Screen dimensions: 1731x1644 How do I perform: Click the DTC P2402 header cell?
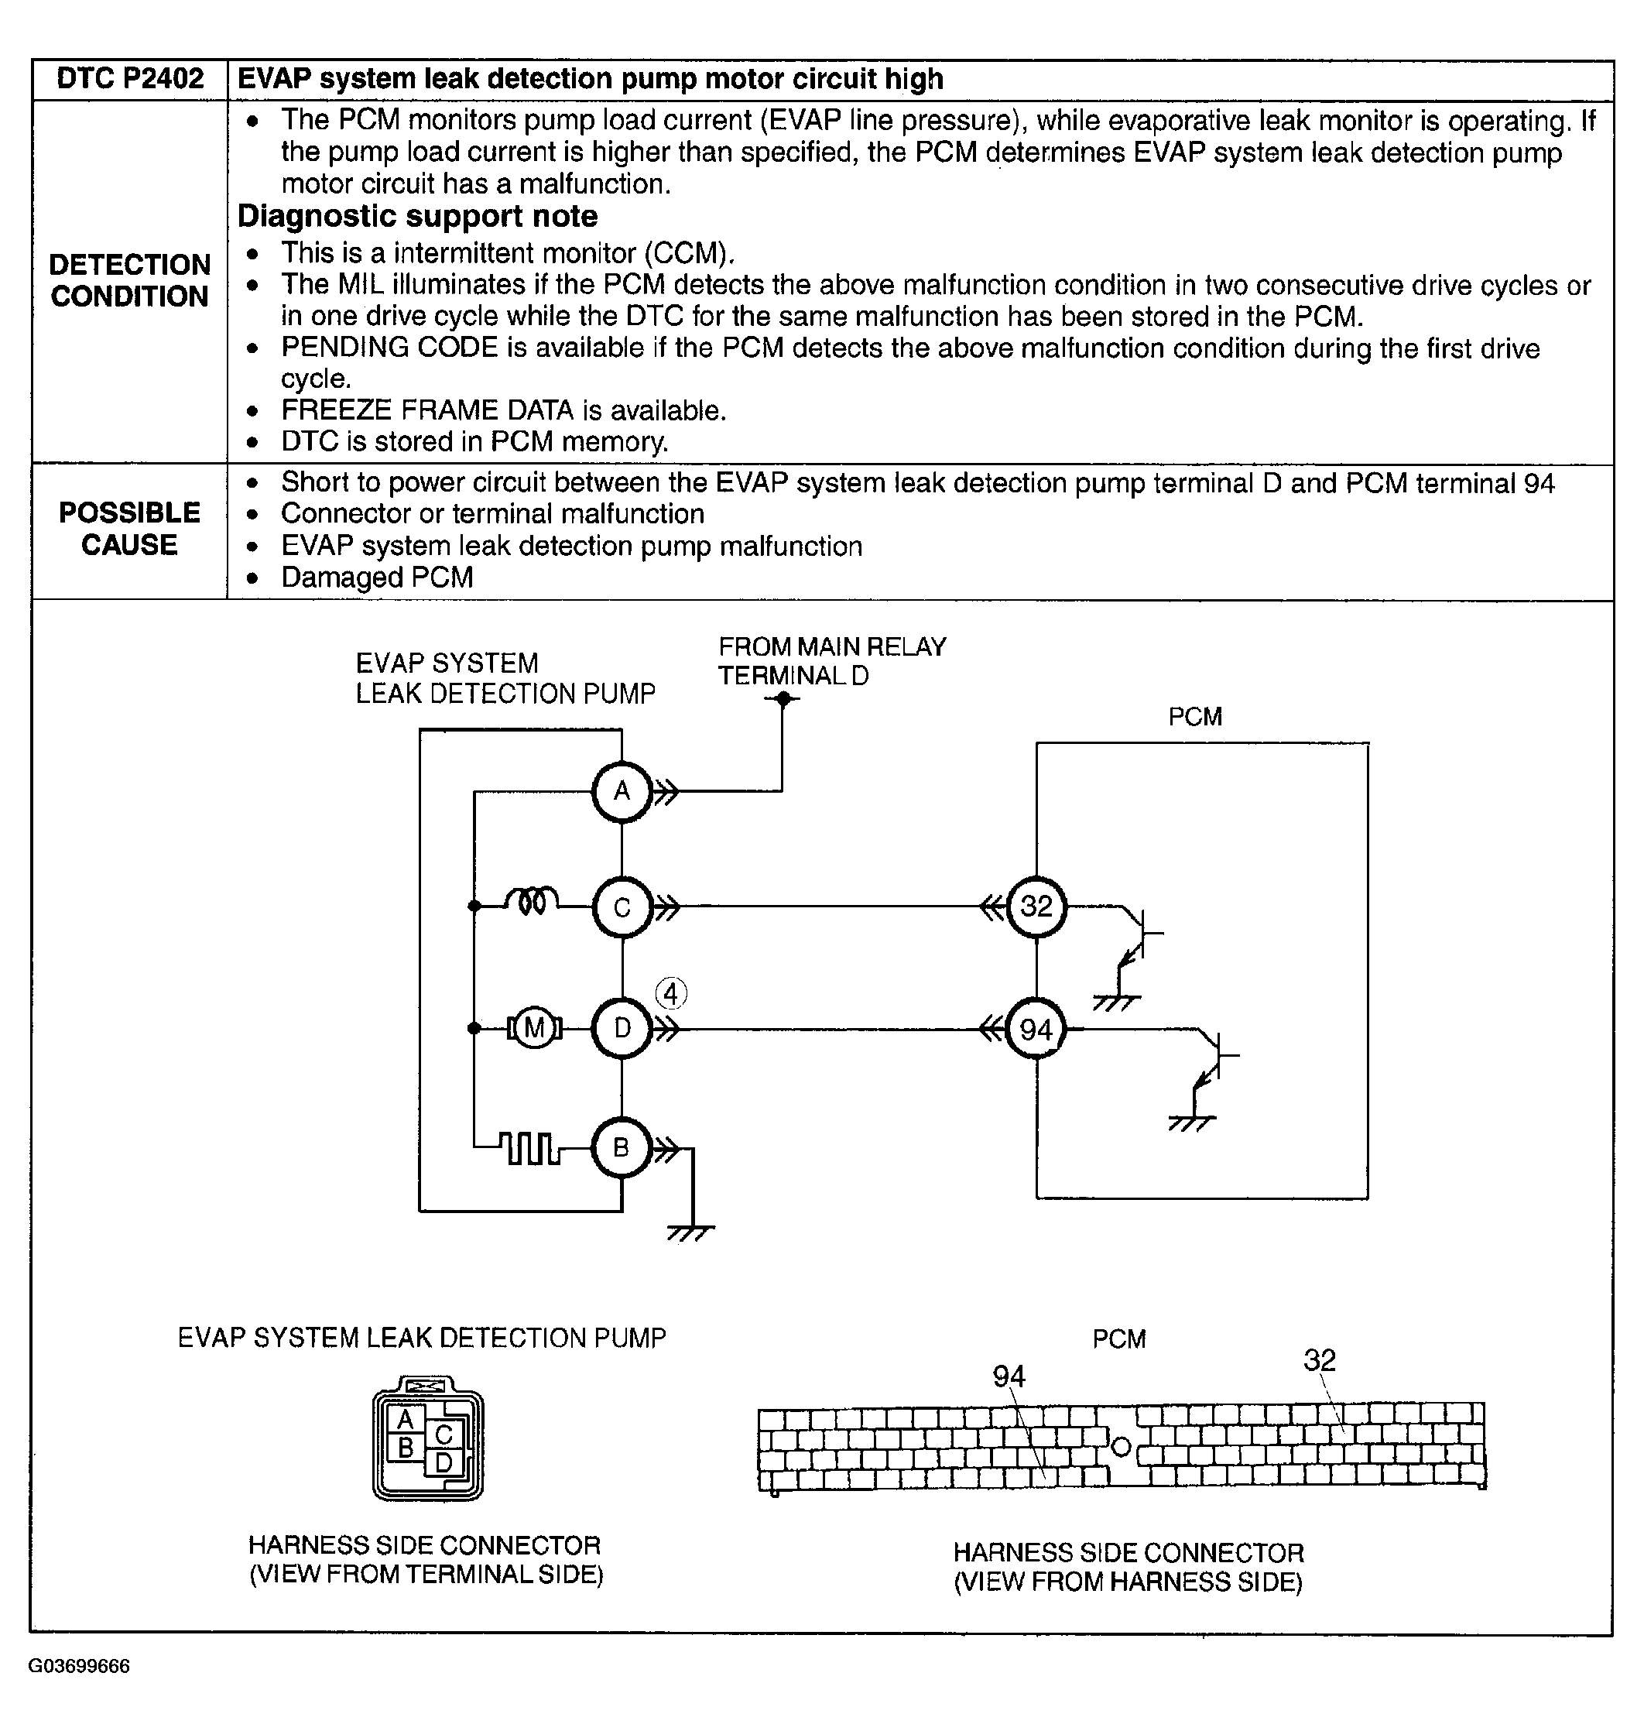[130, 80]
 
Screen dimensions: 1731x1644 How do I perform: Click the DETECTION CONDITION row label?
[130, 280]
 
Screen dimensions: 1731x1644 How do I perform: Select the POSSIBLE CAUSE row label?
[130, 529]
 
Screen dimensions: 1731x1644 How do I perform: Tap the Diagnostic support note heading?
[417, 217]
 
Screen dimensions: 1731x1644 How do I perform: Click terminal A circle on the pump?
[622, 791]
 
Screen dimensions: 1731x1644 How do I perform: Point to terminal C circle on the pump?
[622, 907]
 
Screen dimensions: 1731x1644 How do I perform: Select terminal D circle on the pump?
[622, 1028]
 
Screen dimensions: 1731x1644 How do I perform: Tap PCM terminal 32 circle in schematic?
[1036, 907]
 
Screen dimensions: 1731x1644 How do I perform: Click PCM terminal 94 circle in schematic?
[1036, 1029]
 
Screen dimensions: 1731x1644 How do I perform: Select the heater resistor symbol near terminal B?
[530, 1148]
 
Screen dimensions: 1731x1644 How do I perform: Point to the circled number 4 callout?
[671, 994]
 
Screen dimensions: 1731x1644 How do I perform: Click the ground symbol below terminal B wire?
[691, 1232]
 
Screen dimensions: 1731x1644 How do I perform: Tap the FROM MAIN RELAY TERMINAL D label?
[831, 661]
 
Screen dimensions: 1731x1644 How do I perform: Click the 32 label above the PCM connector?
[1319, 1360]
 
